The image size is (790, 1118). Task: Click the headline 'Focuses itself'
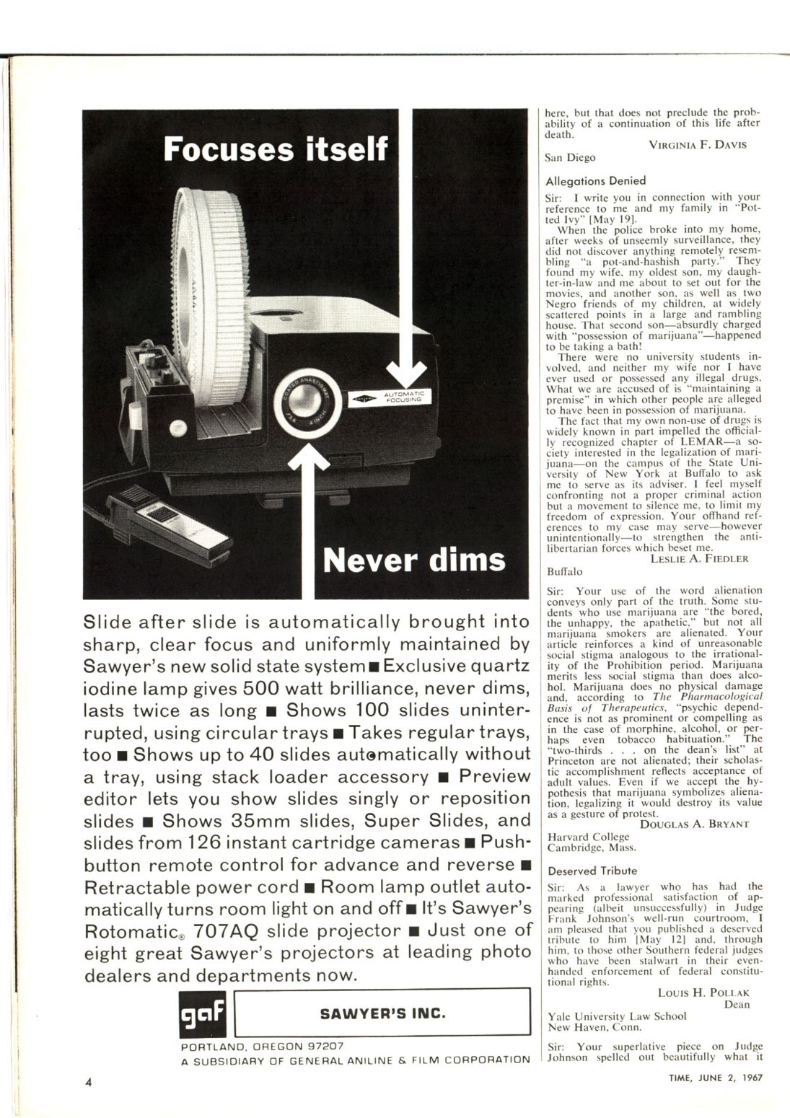tap(276, 150)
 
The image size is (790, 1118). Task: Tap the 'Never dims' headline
tap(413, 560)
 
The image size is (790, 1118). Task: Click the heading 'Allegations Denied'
tap(595, 181)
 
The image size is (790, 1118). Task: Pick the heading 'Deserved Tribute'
tap(592, 871)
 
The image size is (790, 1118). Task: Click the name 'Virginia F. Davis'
tap(697, 144)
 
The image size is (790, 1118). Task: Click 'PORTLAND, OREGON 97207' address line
tap(261, 1045)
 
